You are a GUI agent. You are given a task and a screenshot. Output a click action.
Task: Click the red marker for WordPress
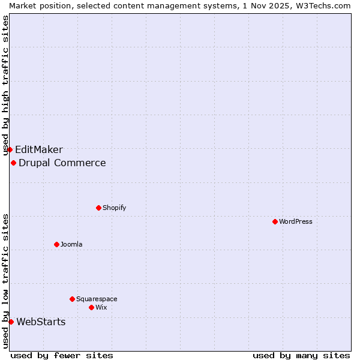click(275, 221)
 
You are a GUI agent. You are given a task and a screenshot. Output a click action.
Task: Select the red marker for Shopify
click(98, 208)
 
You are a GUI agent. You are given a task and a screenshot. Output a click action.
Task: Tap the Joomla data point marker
click(56, 244)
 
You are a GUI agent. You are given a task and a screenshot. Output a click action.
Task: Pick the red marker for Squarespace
click(72, 299)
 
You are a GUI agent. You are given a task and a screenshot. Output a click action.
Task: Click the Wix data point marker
click(91, 307)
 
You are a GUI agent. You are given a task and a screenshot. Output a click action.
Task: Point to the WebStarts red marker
click(11, 322)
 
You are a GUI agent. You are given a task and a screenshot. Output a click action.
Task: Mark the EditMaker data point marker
click(10, 149)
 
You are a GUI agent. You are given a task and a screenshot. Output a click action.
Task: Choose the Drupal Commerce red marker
click(13, 163)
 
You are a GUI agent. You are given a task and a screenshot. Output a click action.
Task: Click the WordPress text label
click(296, 221)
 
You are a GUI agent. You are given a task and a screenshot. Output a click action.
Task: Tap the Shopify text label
click(114, 208)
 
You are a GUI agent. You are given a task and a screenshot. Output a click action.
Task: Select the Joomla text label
click(71, 244)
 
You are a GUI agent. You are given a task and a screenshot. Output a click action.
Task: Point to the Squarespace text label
click(97, 299)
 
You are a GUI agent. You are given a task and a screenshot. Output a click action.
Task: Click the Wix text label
click(101, 307)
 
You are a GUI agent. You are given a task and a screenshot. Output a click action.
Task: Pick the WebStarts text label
click(41, 322)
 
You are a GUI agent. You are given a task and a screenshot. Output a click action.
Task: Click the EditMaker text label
click(38, 149)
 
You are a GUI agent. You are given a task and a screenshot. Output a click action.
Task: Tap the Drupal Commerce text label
click(62, 163)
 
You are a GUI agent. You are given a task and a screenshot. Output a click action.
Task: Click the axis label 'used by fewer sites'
click(62, 355)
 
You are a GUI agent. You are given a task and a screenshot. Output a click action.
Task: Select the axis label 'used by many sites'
click(301, 355)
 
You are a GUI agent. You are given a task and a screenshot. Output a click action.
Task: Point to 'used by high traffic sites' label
click(5, 84)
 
